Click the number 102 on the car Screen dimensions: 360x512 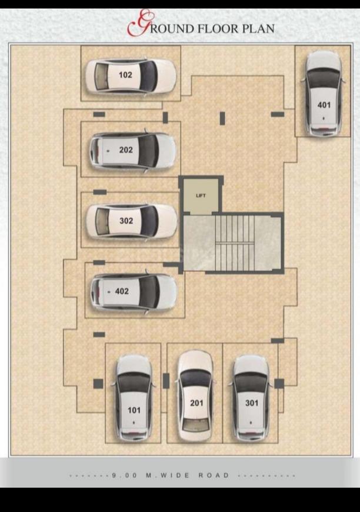click(x=125, y=75)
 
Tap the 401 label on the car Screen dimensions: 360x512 click(x=324, y=105)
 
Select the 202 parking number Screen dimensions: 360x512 click(x=126, y=150)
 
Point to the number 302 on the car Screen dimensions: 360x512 click(x=126, y=221)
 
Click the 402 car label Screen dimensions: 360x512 click(x=122, y=291)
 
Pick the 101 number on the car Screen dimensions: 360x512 click(x=134, y=410)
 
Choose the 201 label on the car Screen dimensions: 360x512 click(x=196, y=403)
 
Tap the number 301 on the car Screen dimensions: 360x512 click(x=252, y=403)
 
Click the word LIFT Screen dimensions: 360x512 click(x=201, y=195)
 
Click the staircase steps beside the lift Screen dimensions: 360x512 click(x=234, y=242)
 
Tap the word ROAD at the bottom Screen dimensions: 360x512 click(x=214, y=475)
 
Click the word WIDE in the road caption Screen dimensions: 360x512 click(x=175, y=475)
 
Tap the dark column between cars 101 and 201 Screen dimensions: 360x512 click(x=166, y=381)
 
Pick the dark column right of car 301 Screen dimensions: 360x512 click(x=279, y=383)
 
